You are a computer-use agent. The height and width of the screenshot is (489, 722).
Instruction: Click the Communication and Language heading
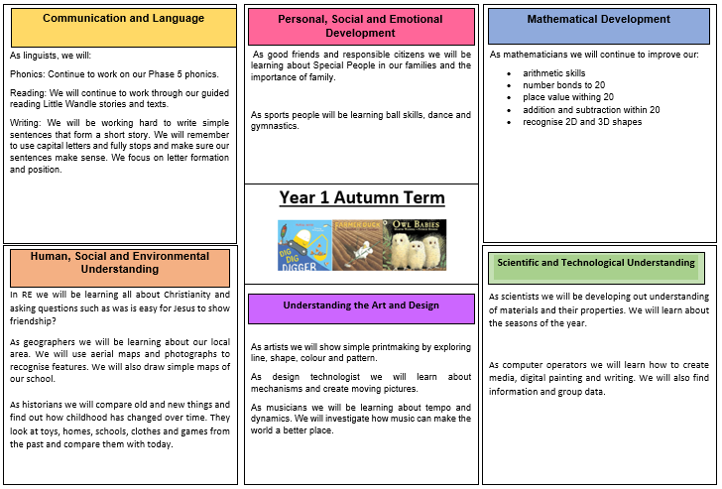click(x=123, y=19)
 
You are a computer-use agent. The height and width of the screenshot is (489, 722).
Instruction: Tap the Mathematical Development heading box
click(x=599, y=26)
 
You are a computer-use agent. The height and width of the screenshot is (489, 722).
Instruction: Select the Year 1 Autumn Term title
click(x=362, y=197)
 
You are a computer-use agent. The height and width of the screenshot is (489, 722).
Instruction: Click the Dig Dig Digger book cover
click(x=304, y=245)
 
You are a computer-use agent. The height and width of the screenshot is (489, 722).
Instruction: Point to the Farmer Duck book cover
click(x=357, y=245)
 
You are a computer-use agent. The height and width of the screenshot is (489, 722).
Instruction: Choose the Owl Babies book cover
click(x=415, y=245)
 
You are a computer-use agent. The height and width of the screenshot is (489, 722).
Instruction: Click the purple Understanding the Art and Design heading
click(x=361, y=308)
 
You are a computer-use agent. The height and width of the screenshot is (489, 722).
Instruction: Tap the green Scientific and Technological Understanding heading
click(x=596, y=268)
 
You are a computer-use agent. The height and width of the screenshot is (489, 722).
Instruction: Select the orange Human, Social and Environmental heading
click(x=120, y=268)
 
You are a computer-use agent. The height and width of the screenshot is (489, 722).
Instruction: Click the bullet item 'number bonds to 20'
click(x=563, y=85)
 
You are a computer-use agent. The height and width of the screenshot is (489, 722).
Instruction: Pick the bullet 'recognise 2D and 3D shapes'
click(x=582, y=122)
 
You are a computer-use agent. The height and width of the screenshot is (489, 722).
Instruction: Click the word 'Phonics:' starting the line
click(x=28, y=74)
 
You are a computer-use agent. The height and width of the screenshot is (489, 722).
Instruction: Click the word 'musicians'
click(x=287, y=408)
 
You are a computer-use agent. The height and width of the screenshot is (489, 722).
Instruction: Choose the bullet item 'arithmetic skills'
click(x=554, y=73)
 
